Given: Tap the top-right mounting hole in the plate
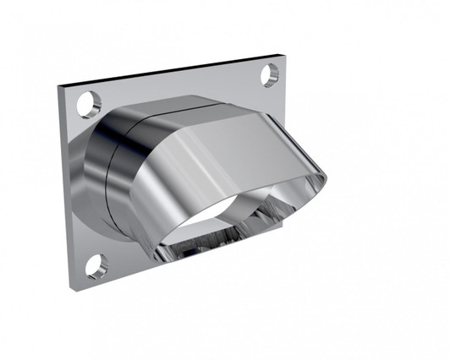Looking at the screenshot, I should pos(269,75).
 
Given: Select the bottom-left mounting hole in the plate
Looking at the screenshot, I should pos(96,266).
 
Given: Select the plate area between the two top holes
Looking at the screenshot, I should pos(178,85).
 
